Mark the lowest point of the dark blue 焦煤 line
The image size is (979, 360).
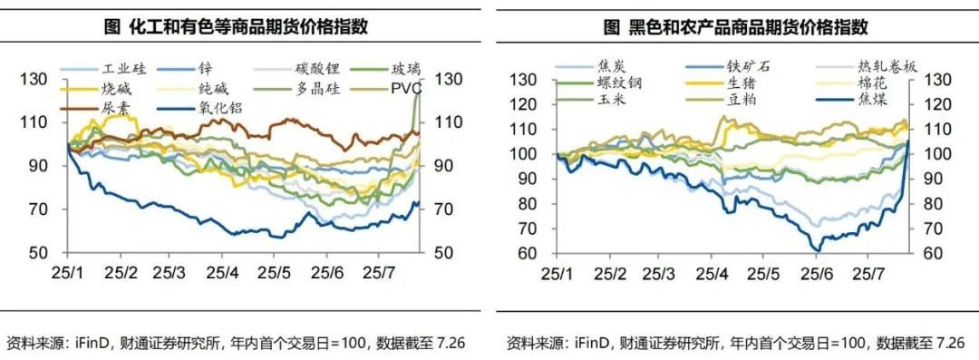coord(817,250)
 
